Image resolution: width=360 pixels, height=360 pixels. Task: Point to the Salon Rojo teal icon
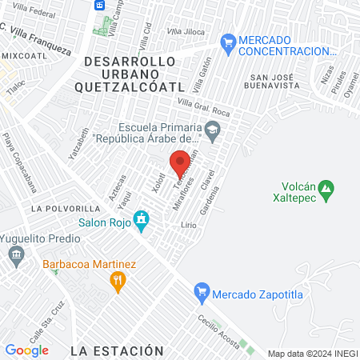pos(142,218)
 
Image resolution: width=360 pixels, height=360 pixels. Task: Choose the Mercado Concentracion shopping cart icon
pos(228,40)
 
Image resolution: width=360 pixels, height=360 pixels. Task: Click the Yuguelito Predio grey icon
pos(16,255)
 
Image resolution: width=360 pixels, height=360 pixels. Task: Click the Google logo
pos(26,350)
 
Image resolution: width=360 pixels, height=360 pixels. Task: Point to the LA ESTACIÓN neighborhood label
pos(116,350)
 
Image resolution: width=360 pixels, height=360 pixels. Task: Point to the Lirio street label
pos(188,226)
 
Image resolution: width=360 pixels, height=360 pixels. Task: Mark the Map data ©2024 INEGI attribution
pos(312,354)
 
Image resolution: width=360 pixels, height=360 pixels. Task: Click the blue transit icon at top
pos(100,5)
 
